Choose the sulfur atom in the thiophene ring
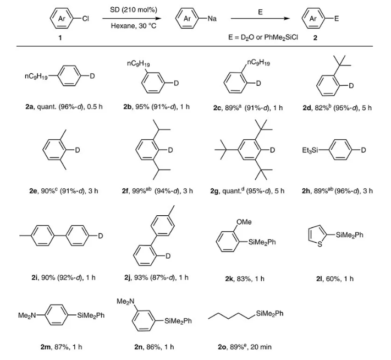point(318,248)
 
